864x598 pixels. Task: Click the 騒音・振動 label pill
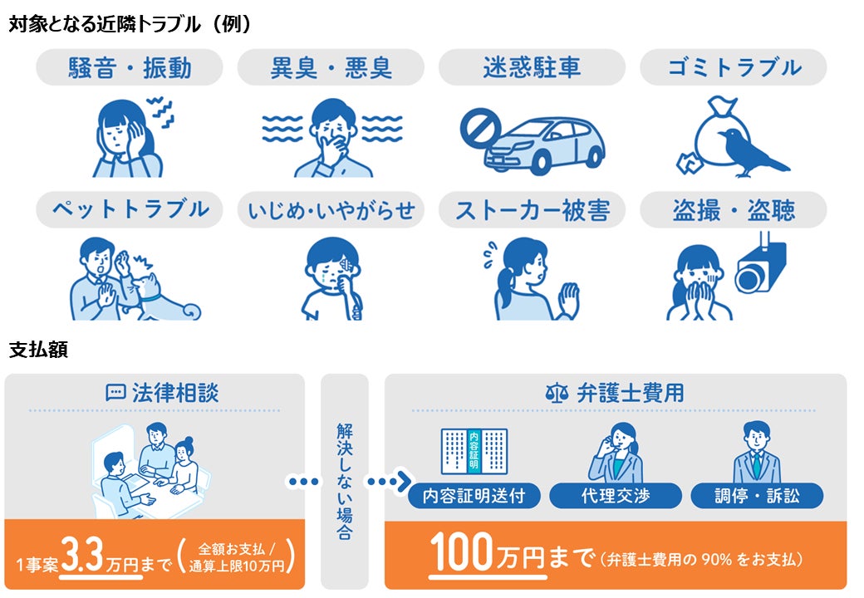(x=130, y=67)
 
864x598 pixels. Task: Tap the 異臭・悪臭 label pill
(x=331, y=67)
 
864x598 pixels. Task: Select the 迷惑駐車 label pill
(x=532, y=67)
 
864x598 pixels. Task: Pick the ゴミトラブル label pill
(x=734, y=67)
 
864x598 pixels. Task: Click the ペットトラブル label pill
(x=130, y=209)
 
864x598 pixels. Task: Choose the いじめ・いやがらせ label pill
(x=331, y=209)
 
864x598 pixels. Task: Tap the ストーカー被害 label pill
(x=532, y=209)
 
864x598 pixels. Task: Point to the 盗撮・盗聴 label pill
(x=734, y=209)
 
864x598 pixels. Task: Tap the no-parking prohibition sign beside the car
(x=479, y=126)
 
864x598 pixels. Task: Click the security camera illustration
(x=760, y=264)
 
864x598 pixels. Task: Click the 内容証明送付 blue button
(x=474, y=496)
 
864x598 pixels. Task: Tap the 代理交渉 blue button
(x=616, y=496)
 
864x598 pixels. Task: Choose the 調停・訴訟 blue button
(x=757, y=496)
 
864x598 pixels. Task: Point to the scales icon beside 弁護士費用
(x=557, y=393)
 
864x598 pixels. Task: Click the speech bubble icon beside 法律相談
(x=115, y=393)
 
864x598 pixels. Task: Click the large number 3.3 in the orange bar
(x=82, y=554)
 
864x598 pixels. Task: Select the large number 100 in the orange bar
(x=461, y=551)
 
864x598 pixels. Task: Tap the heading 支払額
(x=38, y=349)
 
